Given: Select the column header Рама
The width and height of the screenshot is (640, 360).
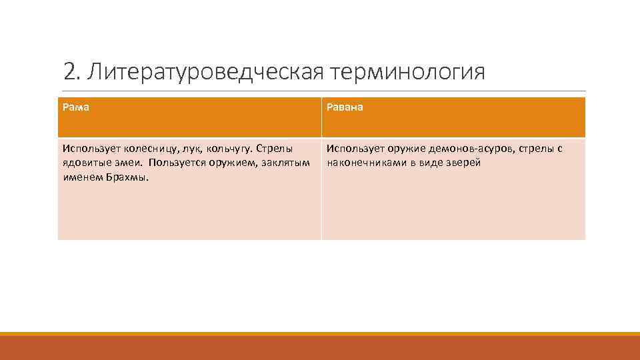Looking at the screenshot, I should [x=77, y=107].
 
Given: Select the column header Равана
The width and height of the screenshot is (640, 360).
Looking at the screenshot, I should [x=345, y=107].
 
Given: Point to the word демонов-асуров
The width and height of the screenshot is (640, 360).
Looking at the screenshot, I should [x=473, y=149].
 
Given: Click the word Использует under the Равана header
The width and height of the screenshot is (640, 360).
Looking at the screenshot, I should [x=353, y=149].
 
